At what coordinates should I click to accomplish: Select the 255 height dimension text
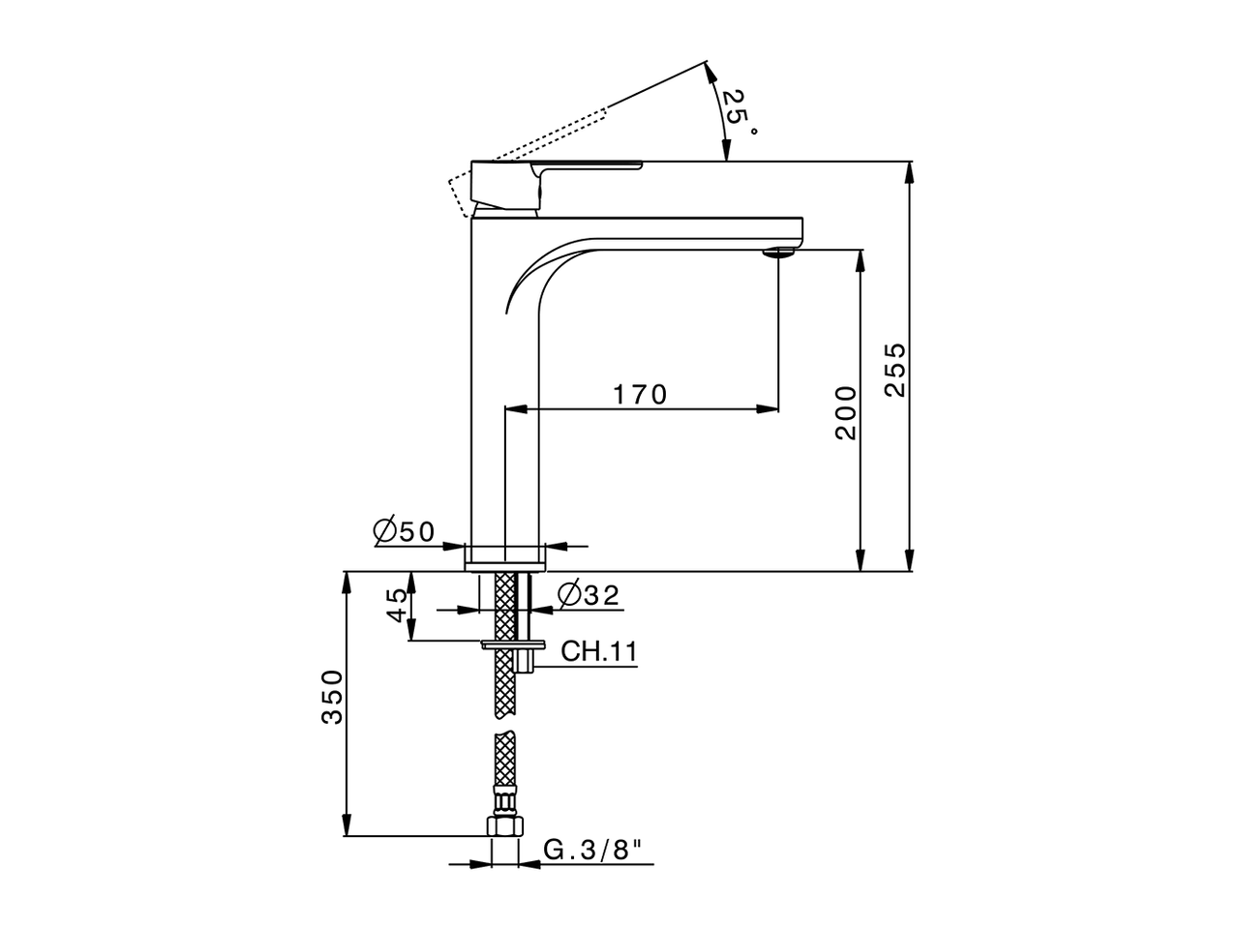pos(895,369)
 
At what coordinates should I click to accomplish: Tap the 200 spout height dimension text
pos(846,412)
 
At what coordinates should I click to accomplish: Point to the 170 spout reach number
pos(640,395)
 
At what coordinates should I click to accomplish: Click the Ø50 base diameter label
pos(404,531)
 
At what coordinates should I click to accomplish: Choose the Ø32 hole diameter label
pos(589,595)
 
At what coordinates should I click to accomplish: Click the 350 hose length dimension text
pos(332,697)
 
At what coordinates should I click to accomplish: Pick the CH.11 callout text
pos(599,651)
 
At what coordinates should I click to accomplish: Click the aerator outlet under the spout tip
pos(778,254)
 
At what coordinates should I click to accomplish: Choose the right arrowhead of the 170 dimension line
pos(769,409)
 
